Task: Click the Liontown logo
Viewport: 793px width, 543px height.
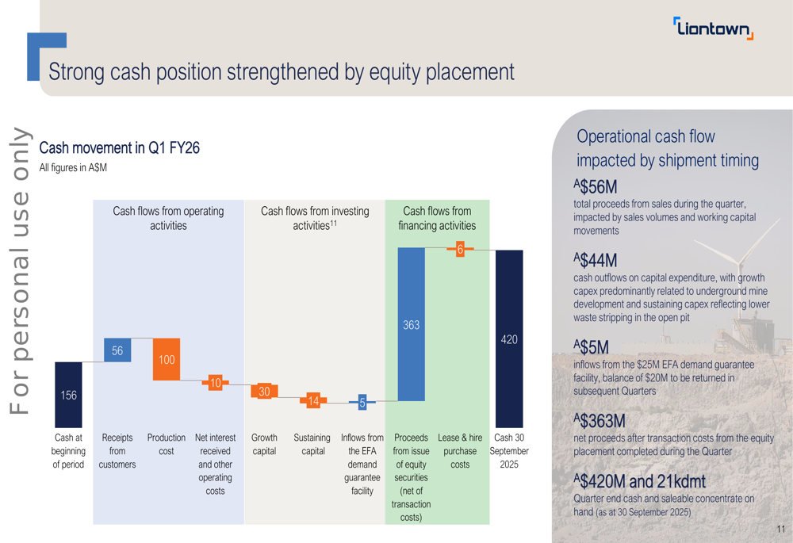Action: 713,29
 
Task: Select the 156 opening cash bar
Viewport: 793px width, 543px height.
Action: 69,395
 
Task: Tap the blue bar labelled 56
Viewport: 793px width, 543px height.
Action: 117,350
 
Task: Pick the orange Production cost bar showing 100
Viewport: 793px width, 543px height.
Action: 167,359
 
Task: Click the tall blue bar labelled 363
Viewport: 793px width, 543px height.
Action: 411,324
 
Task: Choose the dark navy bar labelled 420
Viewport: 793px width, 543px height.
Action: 509,339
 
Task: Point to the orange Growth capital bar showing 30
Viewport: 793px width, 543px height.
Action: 264,392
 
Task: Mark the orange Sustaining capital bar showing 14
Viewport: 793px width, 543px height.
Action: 313,401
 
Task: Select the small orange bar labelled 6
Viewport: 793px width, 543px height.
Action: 460,250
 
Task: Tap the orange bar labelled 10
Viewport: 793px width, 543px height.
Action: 215,384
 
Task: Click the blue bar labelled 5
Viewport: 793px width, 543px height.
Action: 362,403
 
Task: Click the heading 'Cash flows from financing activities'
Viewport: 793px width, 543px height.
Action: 437,218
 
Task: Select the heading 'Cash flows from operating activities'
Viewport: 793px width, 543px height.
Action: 168,218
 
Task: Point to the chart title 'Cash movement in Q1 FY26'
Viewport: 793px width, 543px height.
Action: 119,148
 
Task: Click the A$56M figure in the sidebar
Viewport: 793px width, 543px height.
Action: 596,187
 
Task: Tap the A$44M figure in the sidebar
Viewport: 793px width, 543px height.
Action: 596,260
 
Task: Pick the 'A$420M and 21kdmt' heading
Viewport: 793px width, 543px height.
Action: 639,481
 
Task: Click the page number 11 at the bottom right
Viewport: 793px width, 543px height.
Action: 780,529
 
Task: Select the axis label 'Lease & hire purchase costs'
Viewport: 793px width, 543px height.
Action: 460,450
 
